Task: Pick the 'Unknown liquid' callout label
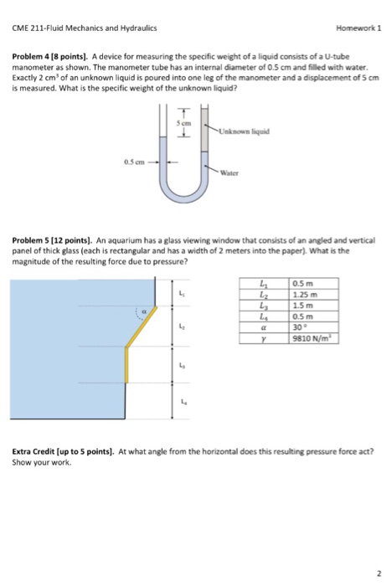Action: tap(244, 131)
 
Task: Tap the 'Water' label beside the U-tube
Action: tap(231, 174)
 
